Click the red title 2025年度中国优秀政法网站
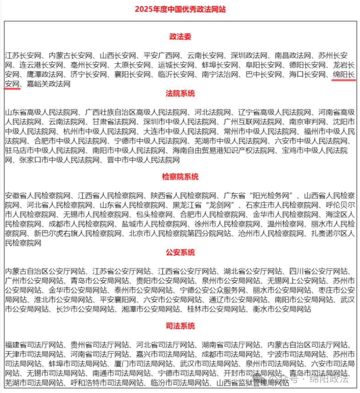(x=180, y=9)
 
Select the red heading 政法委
(x=180, y=37)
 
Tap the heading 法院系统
(x=180, y=94)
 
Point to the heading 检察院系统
(x=180, y=177)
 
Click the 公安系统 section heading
(x=180, y=252)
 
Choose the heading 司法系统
(x=180, y=326)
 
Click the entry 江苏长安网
(x=23, y=56)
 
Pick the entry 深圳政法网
(x=249, y=56)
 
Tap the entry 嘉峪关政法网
(x=49, y=84)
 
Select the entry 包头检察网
(x=154, y=214)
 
